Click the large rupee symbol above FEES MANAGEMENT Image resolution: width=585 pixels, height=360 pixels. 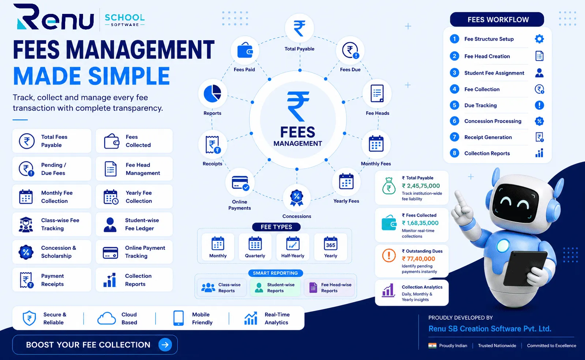pyautogui.click(x=298, y=106)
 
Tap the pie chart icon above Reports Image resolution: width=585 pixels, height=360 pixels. pyautogui.click(x=212, y=93)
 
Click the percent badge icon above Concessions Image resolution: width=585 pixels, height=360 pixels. pyautogui.click(x=297, y=198)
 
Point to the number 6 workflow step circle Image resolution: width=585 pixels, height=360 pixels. pyautogui.click(x=454, y=121)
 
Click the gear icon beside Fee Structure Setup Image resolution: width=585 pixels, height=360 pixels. pyautogui.click(x=539, y=39)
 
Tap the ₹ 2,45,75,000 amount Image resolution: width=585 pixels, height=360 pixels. pyautogui.click(x=421, y=186)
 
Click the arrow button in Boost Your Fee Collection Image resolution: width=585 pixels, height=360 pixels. pyautogui.click(x=165, y=345)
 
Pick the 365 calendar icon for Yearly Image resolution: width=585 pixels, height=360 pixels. pyautogui.click(x=331, y=244)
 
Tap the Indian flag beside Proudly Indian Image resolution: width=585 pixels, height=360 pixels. pyautogui.click(x=432, y=346)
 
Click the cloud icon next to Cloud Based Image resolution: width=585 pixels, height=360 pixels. pyautogui.click(x=106, y=318)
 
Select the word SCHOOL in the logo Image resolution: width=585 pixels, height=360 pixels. pyautogui.click(x=125, y=18)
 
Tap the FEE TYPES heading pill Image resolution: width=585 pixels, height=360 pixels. pyautogui.click(x=276, y=227)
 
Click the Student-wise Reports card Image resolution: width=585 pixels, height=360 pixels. pyautogui.click(x=275, y=288)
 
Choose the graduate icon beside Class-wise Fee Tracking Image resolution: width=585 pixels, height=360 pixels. pyautogui.click(x=26, y=224)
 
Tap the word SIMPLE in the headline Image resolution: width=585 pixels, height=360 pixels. pyautogui.click(x=129, y=76)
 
